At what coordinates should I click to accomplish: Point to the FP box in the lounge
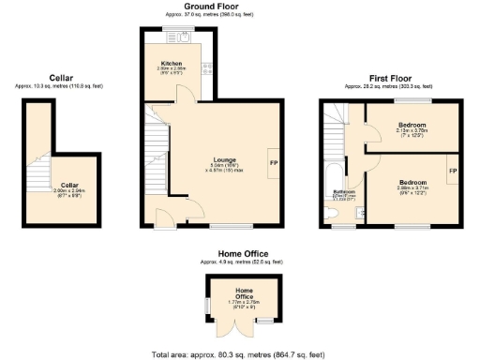273,162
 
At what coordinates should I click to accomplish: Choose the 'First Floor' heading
392,78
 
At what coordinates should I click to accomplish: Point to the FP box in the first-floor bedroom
453,172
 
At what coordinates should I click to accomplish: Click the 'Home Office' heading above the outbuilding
243,254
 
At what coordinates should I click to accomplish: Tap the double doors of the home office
244,328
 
